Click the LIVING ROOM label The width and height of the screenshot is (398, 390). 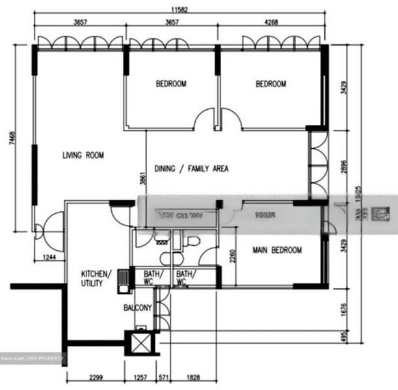[83, 155]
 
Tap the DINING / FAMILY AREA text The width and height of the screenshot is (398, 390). [191, 169]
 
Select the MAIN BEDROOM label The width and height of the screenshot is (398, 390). [277, 250]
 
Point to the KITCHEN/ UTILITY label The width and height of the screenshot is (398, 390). [96, 278]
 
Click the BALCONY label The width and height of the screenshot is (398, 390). [138, 308]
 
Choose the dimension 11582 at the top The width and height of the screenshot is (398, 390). [179, 10]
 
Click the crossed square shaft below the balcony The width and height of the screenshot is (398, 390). [140, 343]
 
